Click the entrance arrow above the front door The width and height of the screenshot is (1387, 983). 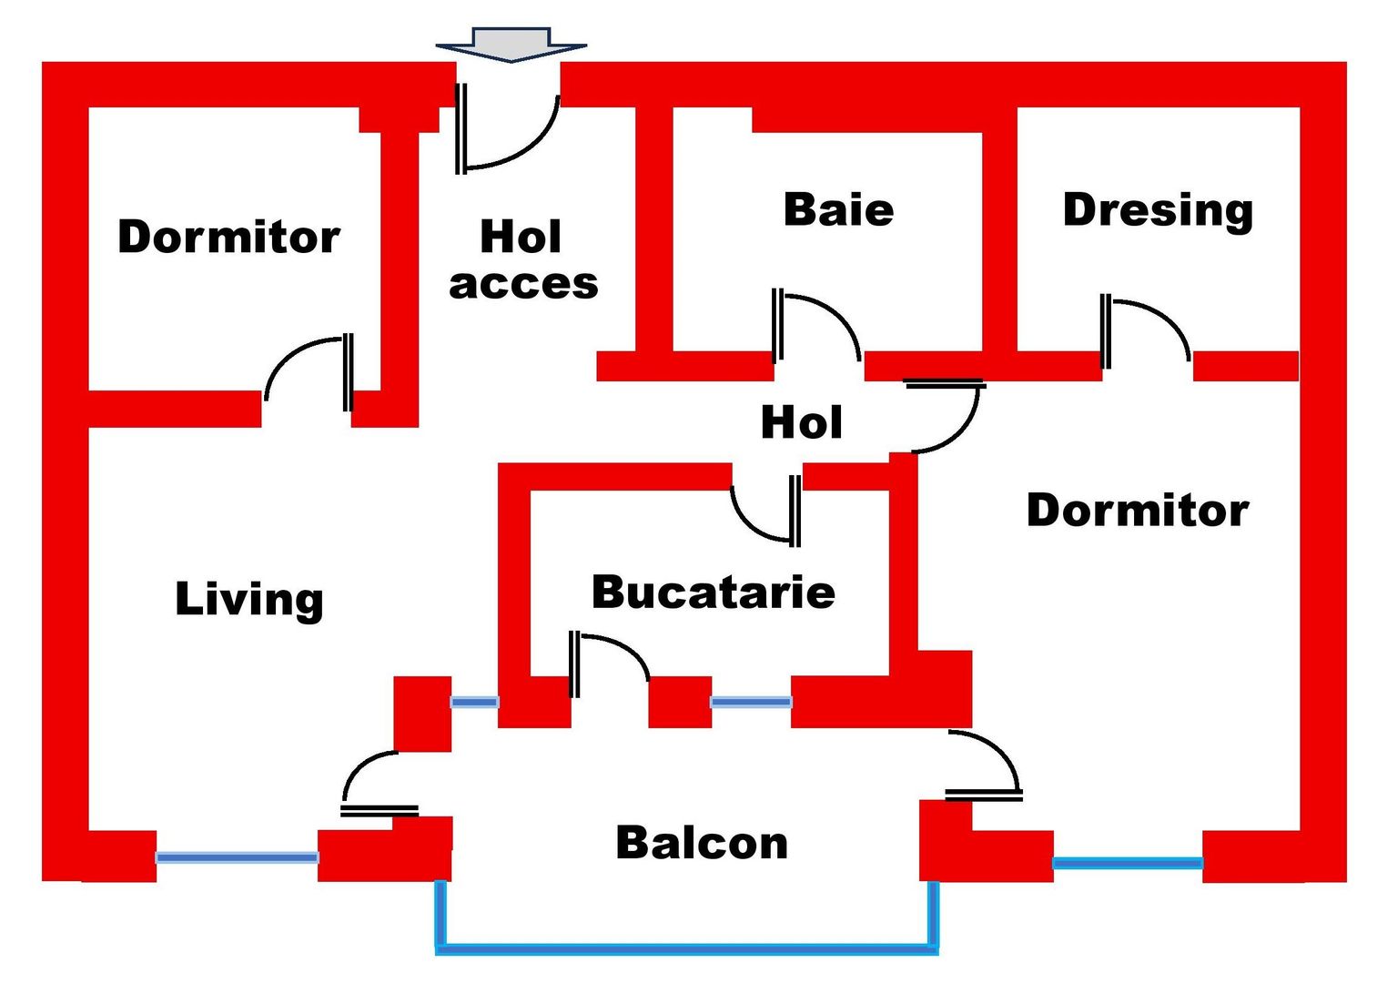511,43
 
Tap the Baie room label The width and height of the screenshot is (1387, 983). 838,210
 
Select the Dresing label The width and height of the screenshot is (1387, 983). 1158,210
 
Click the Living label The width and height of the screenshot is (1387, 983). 249,599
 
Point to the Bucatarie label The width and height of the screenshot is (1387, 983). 714,593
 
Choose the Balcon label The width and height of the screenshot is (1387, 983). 702,843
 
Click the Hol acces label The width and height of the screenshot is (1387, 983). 523,260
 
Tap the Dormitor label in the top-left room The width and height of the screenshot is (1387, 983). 228,237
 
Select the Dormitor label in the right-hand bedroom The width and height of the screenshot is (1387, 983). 1138,511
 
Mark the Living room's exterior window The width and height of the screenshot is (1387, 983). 237,857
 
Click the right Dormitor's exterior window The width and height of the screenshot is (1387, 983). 1128,863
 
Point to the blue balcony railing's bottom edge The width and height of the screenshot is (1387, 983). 687,950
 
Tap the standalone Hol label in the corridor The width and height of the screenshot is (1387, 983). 801,422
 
